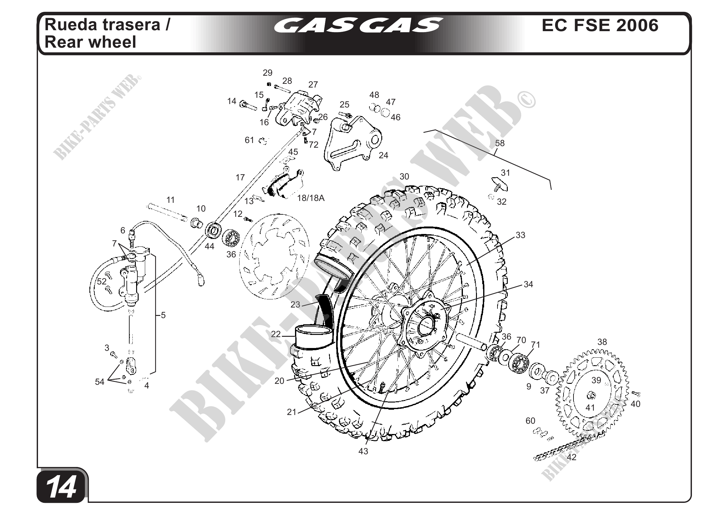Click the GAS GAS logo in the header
tap(358, 25)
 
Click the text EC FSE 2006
tap(600, 25)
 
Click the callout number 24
tap(383, 155)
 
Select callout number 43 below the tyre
tap(363, 451)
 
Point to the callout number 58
tap(500, 143)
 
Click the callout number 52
tap(102, 281)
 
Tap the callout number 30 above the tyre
tap(404, 176)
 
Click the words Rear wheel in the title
tap(90, 42)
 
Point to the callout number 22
tap(276, 334)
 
